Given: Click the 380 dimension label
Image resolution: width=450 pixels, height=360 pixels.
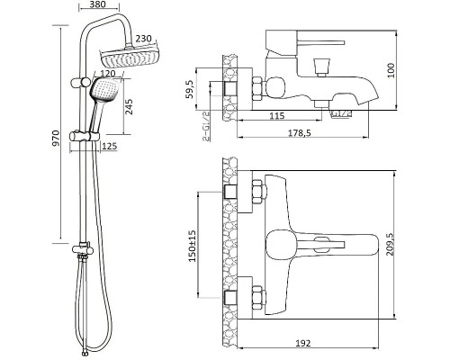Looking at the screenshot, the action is [97, 4].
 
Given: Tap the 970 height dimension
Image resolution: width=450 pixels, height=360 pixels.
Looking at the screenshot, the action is [56, 139].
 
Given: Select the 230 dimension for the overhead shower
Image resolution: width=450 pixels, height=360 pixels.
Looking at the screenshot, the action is [144, 39].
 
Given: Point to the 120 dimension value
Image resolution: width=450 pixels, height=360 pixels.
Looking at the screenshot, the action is [108, 74].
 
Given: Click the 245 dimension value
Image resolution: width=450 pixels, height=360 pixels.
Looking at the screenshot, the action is [129, 107].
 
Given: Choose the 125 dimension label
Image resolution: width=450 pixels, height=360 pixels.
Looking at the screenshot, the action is [109, 147].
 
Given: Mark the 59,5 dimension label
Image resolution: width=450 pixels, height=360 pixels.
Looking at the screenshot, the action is [190, 89].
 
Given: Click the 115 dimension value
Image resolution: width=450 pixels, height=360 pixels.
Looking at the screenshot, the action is [276, 115].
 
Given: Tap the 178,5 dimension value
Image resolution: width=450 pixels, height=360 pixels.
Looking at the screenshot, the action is [300, 132].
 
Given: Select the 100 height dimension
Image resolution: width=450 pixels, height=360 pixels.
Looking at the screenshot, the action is [391, 70].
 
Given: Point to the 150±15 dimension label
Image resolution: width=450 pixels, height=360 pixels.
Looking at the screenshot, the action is [192, 246].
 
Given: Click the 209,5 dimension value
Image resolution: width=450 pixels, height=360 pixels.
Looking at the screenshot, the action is [390, 245].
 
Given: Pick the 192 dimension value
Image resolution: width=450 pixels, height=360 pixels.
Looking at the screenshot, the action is [302, 343].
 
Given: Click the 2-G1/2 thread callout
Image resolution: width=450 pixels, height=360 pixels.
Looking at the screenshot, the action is [206, 125].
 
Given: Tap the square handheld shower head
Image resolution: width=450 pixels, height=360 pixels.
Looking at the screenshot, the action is [104, 90].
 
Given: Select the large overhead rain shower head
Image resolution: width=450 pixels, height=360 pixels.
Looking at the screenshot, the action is [130, 58].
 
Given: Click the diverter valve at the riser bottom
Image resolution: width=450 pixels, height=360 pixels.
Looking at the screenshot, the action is [83, 248].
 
